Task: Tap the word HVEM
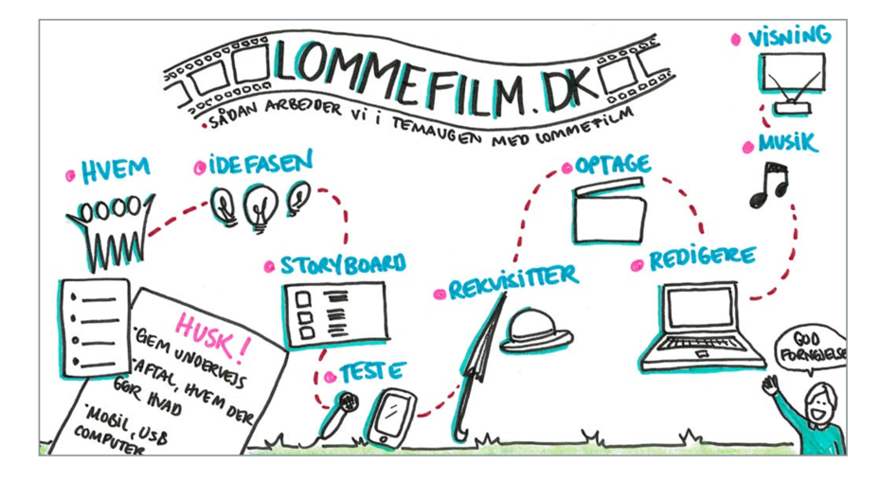click(x=116, y=170)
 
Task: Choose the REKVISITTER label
click(x=512, y=283)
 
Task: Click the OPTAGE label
click(x=613, y=165)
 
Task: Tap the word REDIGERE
click(x=702, y=259)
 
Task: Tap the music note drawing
click(x=767, y=185)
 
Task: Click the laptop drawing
click(x=702, y=327)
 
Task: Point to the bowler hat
click(x=536, y=332)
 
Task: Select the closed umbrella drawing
click(x=476, y=369)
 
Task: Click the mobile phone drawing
click(x=389, y=417)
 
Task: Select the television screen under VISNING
click(x=792, y=74)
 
